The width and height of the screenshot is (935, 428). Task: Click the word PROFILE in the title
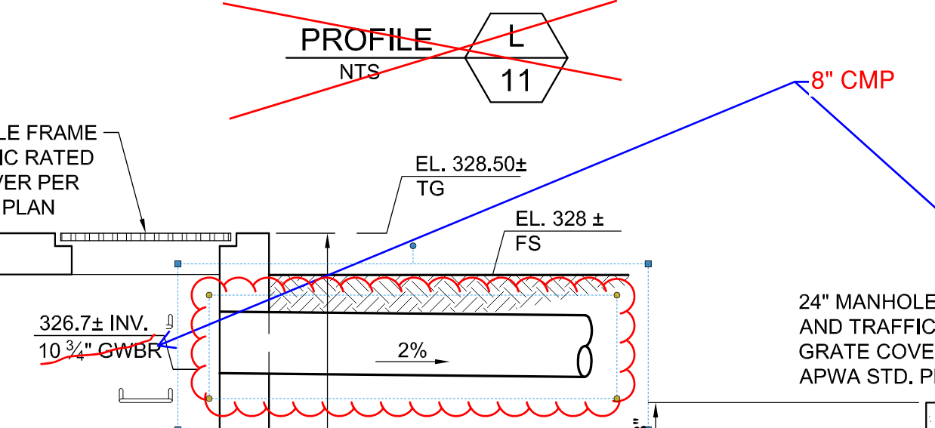[x=366, y=40]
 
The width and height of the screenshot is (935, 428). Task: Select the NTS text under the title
[x=359, y=72]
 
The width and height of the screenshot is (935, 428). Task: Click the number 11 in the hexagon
[x=517, y=81]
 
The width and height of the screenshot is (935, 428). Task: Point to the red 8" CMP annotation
[x=853, y=80]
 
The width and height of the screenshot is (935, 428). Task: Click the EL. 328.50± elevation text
[x=471, y=165]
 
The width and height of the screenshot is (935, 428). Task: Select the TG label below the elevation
[x=430, y=189]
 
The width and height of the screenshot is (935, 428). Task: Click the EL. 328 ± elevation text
[x=560, y=220]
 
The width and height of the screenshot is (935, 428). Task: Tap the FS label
[x=529, y=245]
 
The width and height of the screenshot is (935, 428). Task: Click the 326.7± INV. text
[x=93, y=324]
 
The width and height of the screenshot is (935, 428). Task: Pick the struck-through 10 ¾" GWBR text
[x=100, y=351]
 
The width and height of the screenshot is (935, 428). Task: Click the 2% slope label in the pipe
[x=412, y=350]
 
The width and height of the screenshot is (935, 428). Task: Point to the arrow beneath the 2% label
[x=412, y=362]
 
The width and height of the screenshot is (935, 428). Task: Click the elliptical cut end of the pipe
[x=585, y=361]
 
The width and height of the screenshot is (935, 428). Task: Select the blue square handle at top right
[x=648, y=263]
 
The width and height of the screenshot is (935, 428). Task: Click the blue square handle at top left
[x=178, y=263]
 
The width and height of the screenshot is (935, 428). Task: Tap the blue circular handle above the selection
[x=412, y=246]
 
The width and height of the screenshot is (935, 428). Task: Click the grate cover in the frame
[x=146, y=236]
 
